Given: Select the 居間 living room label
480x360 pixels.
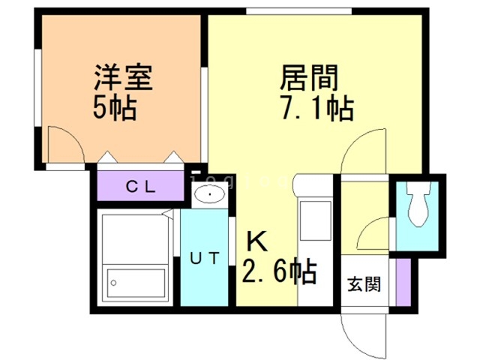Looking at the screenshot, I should coord(309,77).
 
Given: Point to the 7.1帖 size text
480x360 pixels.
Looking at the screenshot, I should coord(315,109).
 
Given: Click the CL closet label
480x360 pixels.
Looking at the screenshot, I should coord(140,187).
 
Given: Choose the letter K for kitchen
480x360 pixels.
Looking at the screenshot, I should coord(257,241).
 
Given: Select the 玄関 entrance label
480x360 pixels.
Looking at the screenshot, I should coord(364,285).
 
